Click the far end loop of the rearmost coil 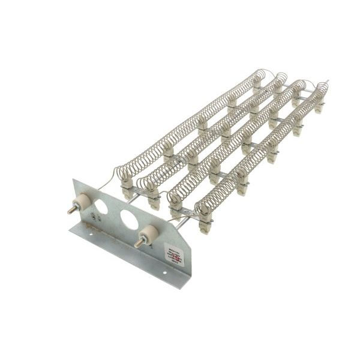[260, 76]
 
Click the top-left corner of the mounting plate [73, 178]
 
